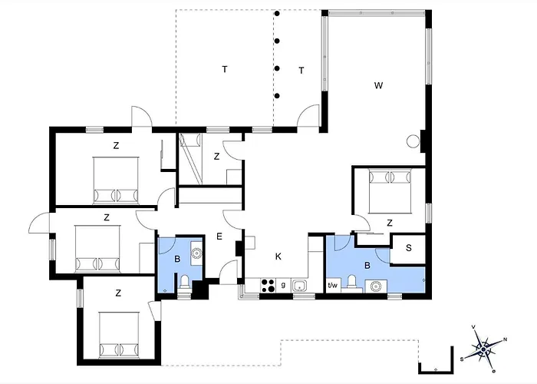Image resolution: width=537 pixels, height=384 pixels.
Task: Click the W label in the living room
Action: click(378, 85)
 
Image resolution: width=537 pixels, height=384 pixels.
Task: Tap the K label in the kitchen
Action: click(278, 257)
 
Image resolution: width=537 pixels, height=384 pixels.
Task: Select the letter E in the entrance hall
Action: click(219, 237)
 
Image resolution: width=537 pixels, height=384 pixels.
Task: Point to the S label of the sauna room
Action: click(409, 248)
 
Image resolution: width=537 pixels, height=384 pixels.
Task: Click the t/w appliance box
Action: click(333, 285)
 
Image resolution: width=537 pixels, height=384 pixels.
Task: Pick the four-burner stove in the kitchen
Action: click(268, 285)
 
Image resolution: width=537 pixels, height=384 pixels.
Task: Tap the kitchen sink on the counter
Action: click(300, 285)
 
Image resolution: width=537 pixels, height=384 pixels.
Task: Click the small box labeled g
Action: click(283, 285)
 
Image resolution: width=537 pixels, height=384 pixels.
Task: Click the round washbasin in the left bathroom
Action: click(196, 253)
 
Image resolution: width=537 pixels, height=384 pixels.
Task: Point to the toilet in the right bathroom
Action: click(351, 283)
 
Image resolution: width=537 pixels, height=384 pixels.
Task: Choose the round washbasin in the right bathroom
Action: click(376, 286)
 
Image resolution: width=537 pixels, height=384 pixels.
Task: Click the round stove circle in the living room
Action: click(413, 141)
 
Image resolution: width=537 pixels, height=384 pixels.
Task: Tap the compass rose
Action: click(483, 349)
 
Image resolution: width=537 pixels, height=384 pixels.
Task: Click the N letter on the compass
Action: click(505, 339)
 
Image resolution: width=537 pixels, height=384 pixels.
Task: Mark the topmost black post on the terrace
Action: click(277, 14)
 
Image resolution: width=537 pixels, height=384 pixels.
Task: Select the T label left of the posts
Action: click(225, 70)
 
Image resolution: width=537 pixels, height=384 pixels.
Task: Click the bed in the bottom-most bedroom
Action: click(119, 335)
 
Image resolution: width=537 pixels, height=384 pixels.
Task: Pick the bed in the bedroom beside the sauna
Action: click(390, 190)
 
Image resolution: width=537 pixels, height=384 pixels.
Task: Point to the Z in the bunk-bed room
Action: click(216, 157)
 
